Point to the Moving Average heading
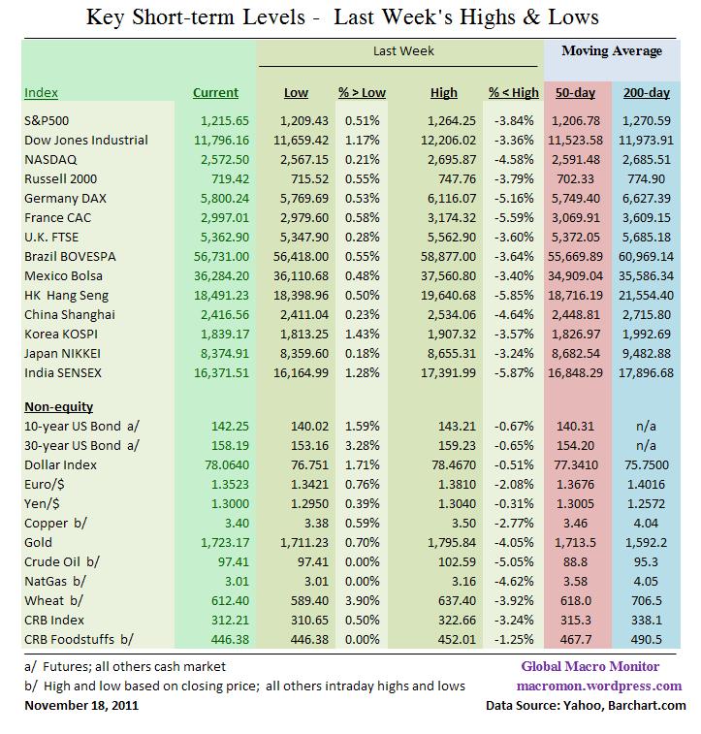click(610, 50)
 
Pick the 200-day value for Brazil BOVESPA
click(643, 256)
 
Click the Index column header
click(41, 93)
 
